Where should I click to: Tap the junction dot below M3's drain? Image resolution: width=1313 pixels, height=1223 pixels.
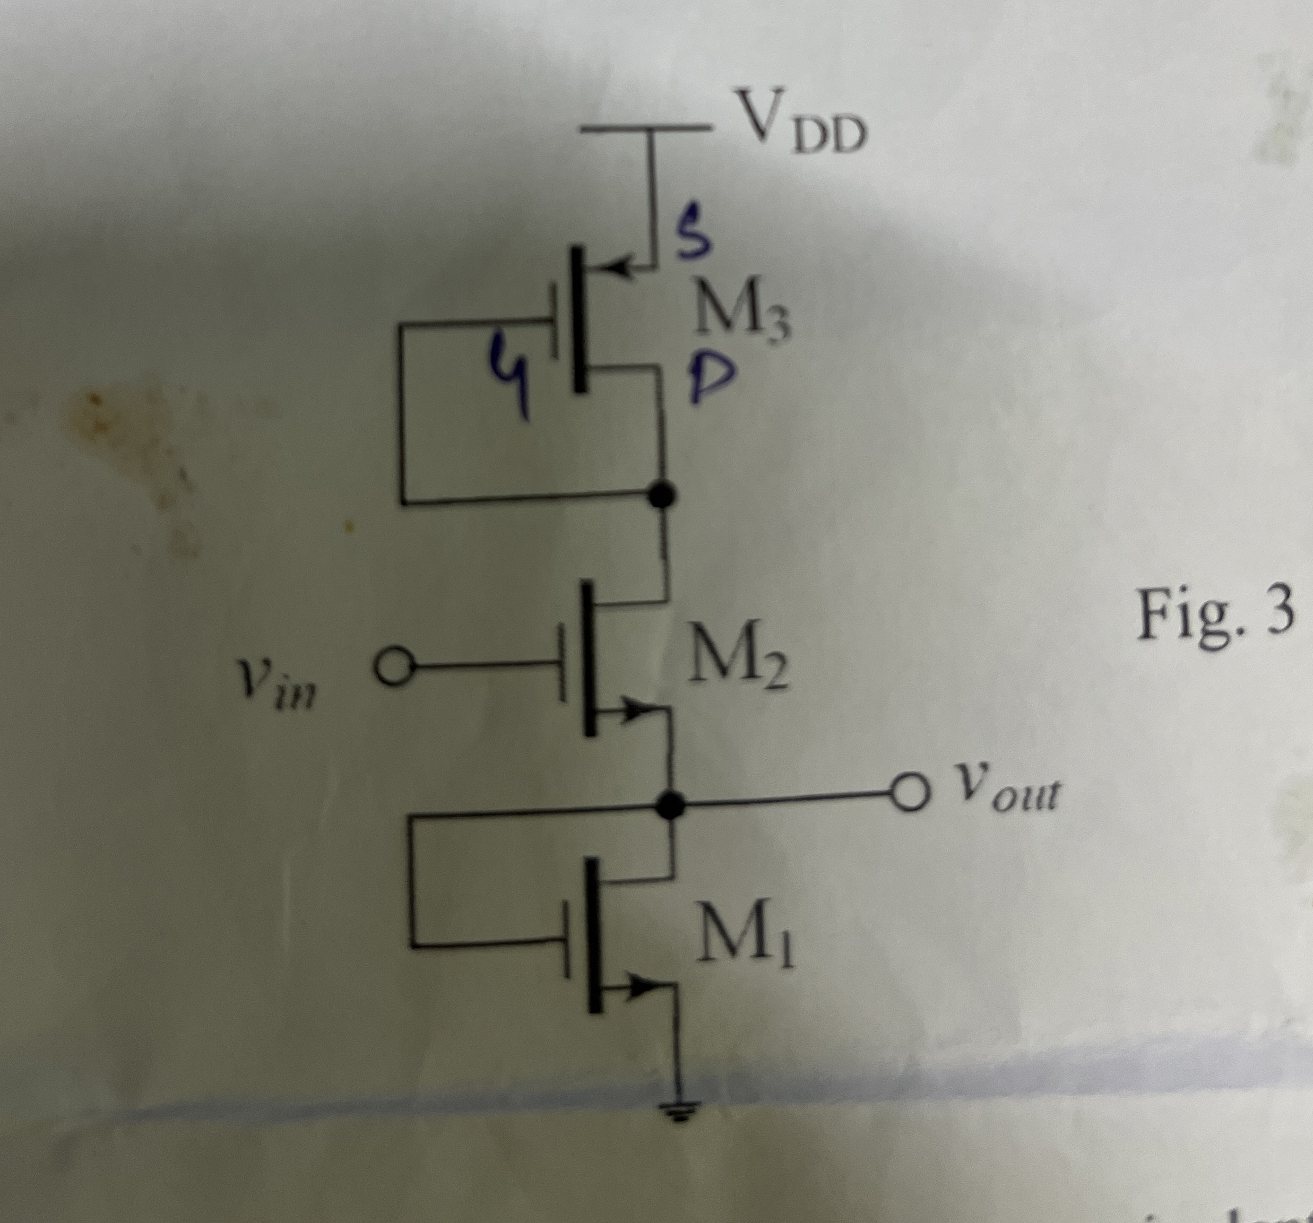(662, 495)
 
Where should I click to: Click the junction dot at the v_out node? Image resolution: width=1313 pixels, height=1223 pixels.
(671, 805)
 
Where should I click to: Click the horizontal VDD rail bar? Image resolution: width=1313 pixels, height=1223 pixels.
(647, 129)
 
